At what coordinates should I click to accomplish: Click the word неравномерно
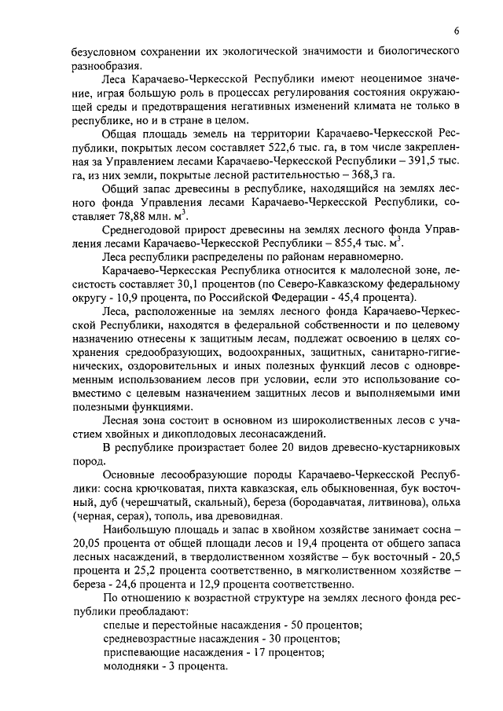click(363, 266)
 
